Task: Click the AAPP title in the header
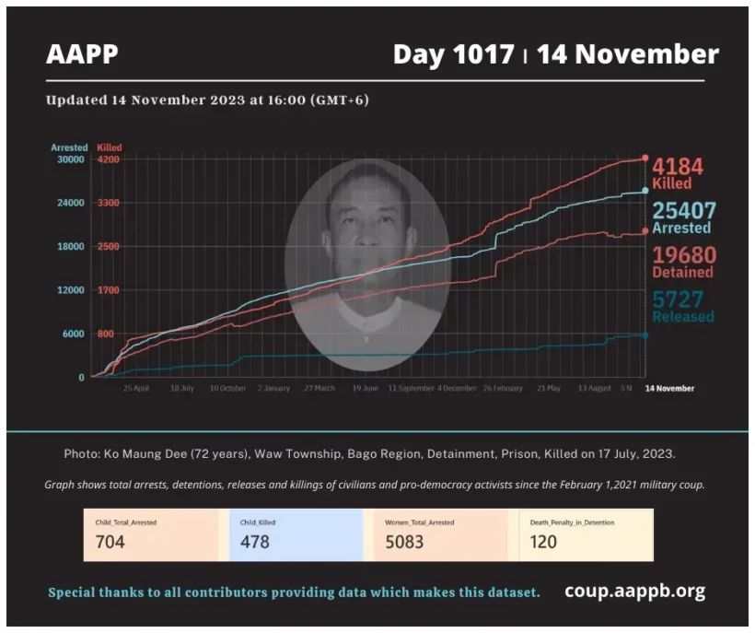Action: point(82,55)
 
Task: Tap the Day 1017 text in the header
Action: point(453,55)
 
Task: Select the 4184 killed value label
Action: point(678,167)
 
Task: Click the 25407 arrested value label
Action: point(683,211)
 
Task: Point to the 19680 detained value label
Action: point(683,255)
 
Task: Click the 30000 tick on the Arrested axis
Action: point(70,159)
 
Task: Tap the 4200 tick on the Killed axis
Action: point(109,159)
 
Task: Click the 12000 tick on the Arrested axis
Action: point(70,290)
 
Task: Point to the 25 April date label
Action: point(136,389)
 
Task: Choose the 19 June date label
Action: point(365,389)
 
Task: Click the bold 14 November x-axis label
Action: point(669,389)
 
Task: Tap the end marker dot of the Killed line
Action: point(645,158)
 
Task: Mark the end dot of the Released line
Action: point(645,335)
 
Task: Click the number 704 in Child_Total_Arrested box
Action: point(110,542)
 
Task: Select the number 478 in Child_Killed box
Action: point(255,542)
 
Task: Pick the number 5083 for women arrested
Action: point(405,542)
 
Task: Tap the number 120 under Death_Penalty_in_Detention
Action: point(543,542)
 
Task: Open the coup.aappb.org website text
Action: point(635,591)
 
